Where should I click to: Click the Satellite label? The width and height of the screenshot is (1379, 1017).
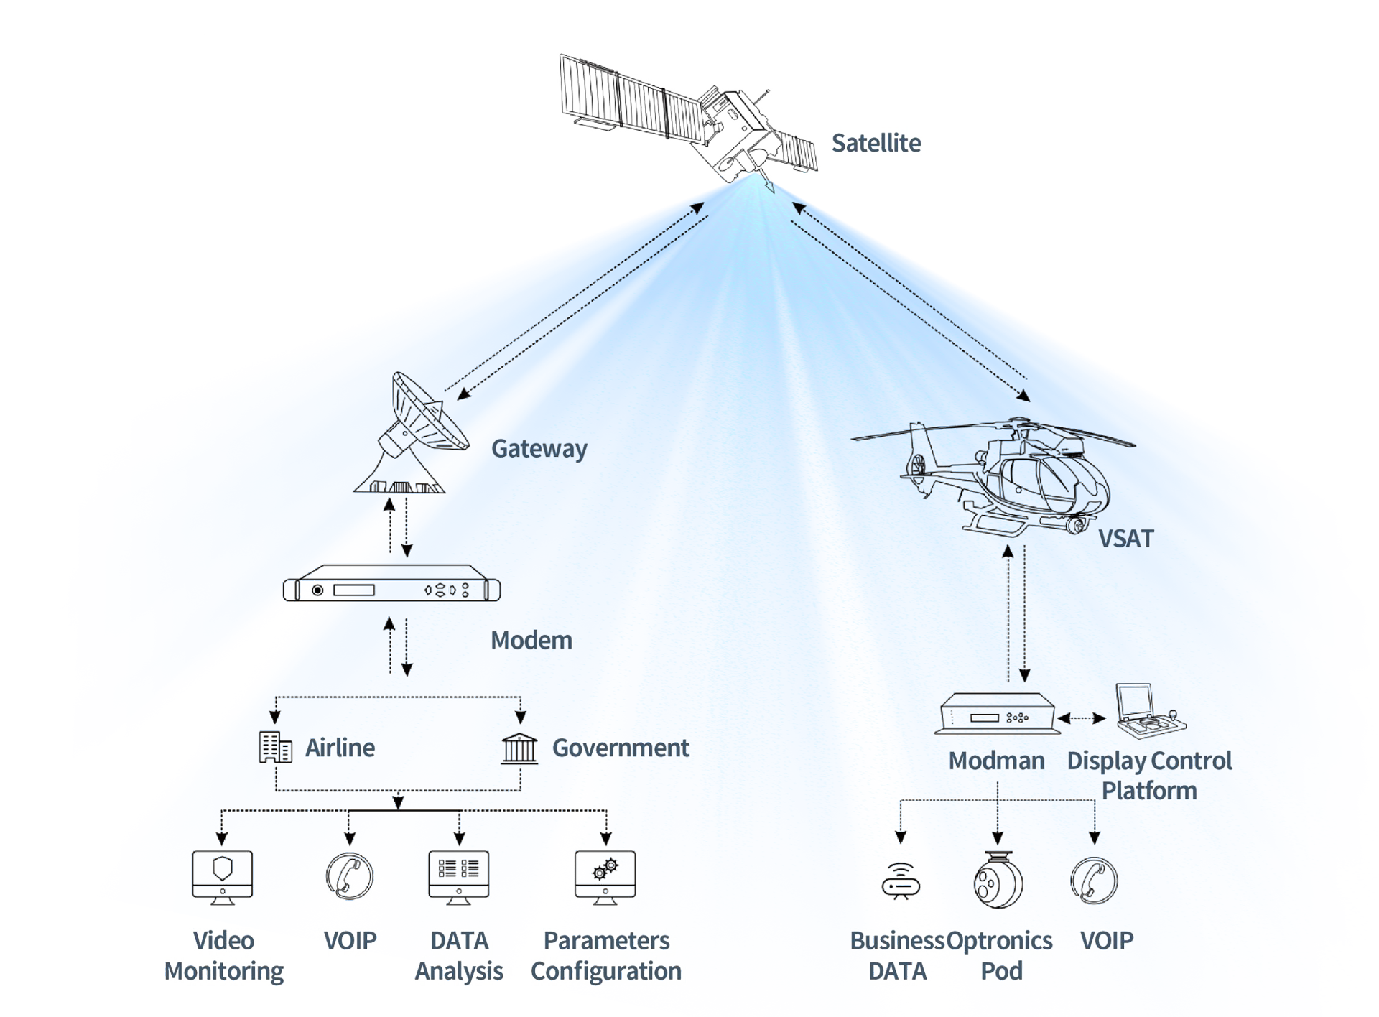click(x=876, y=143)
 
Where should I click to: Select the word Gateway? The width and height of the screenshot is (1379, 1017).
click(x=539, y=449)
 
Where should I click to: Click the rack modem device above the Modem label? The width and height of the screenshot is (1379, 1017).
click(x=391, y=589)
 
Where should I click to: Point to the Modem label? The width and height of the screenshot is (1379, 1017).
click(x=531, y=640)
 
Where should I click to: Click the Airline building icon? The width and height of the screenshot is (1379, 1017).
click(x=275, y=748)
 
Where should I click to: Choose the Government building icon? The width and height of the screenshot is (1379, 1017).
click(x=519, y=748)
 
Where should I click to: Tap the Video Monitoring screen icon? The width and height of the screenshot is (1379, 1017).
click(x=223, y=876)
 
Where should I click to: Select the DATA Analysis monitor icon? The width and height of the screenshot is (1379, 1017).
click(x=459, y=876)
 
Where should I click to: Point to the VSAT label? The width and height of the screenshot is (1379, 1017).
click(x=1125, y=539)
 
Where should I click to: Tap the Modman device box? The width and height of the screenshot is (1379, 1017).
click(x=998, y=714)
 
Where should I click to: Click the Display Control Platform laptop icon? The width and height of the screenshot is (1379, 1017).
click(x=1148, y=711)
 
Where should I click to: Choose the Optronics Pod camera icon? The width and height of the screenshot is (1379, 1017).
click(x=998, y=881)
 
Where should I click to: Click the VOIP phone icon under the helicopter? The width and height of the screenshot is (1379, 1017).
click(x=1094, y=881)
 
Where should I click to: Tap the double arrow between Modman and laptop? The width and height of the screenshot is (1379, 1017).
click(x=1082, y=718)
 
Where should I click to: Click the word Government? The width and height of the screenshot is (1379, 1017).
click(x=621, y=748)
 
